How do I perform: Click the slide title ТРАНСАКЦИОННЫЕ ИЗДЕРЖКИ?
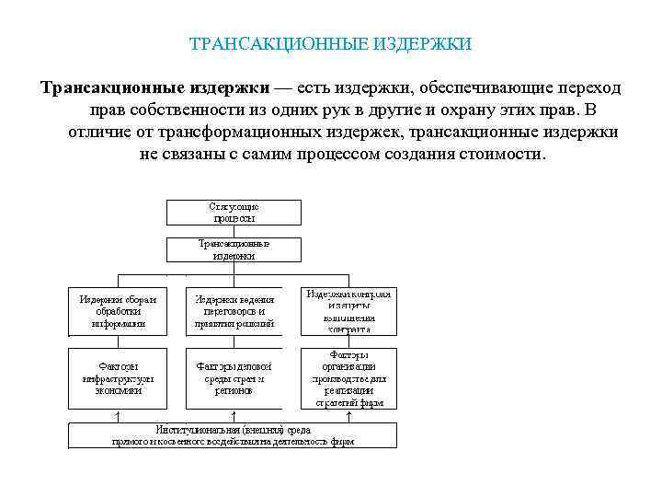click(330, 43)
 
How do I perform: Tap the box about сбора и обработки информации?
click(117, 311)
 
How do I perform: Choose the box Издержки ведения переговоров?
click(234, 311)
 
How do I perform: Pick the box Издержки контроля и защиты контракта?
click(348, 311)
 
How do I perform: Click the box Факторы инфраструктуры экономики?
click(117, 378)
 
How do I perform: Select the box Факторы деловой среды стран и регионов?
click(234, 378)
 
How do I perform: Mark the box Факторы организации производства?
click(348, 378)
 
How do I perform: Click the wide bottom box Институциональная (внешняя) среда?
click(234, 435)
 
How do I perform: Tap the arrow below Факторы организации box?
click(348, 416)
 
